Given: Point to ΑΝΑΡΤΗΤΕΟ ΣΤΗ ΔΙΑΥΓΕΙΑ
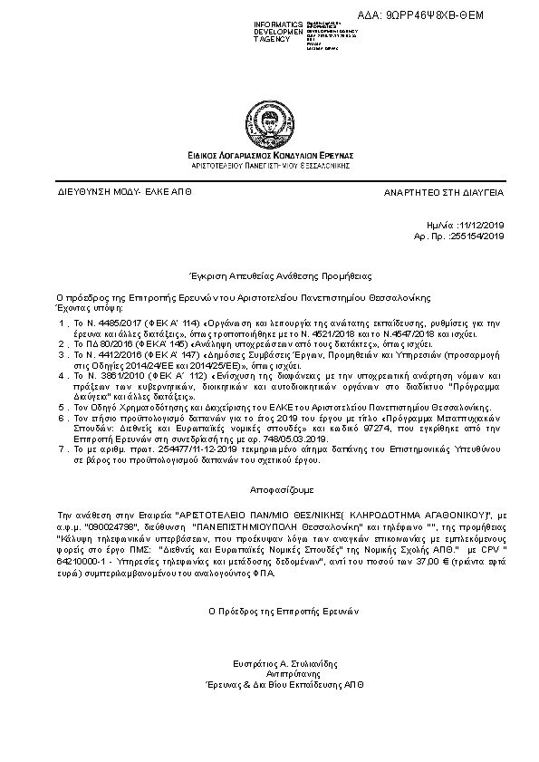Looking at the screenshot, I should [444, 194].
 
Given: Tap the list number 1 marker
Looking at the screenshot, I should [62, 323].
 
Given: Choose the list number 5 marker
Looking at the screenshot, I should [62, 409].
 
